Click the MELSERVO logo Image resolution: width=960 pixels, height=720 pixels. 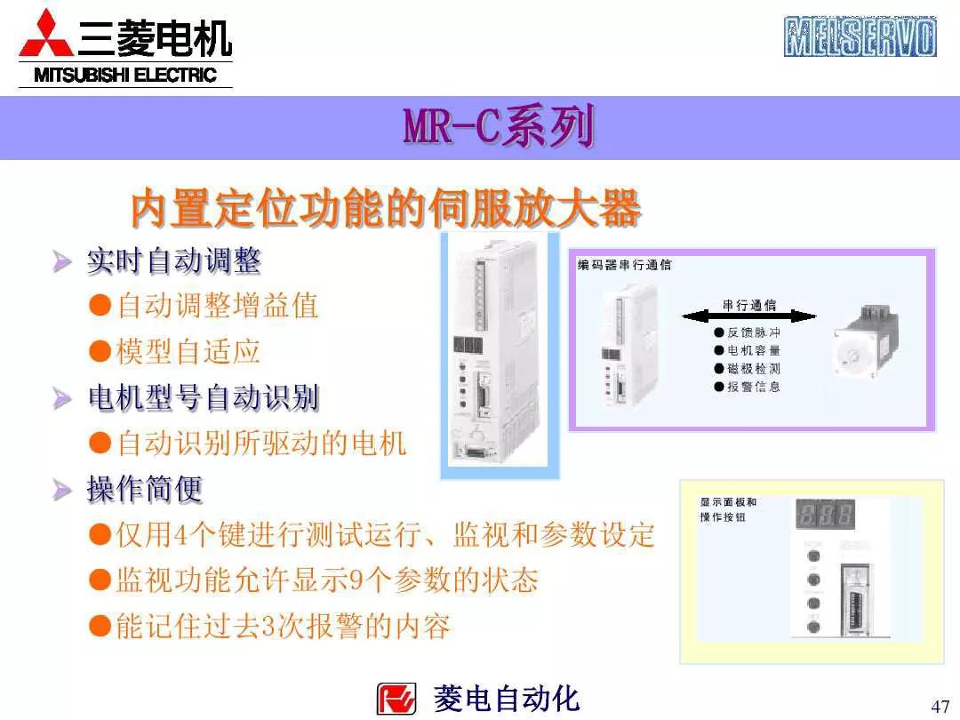(860, 36)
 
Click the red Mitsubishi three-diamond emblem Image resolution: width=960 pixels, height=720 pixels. (47, 36)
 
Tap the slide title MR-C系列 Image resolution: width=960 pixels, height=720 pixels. (498, 128)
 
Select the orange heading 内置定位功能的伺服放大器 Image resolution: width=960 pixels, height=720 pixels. (386, 210)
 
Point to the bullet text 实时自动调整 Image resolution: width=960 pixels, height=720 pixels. (173, 261)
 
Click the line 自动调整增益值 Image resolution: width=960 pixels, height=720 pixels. (217, 307)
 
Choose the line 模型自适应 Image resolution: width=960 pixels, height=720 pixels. (188, 351)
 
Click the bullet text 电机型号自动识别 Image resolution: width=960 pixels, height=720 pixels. (203, 397)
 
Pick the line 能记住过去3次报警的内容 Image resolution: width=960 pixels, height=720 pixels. (283, 627)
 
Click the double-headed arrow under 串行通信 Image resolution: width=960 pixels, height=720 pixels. (748, 316)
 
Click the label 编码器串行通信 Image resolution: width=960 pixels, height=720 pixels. (624, 265)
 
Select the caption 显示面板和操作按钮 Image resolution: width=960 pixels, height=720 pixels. (728, 509)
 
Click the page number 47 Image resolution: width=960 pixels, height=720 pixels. (940, 707)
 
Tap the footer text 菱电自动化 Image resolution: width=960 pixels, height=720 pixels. (506, 699)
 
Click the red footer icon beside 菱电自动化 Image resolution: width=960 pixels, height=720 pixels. (396, 699)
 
